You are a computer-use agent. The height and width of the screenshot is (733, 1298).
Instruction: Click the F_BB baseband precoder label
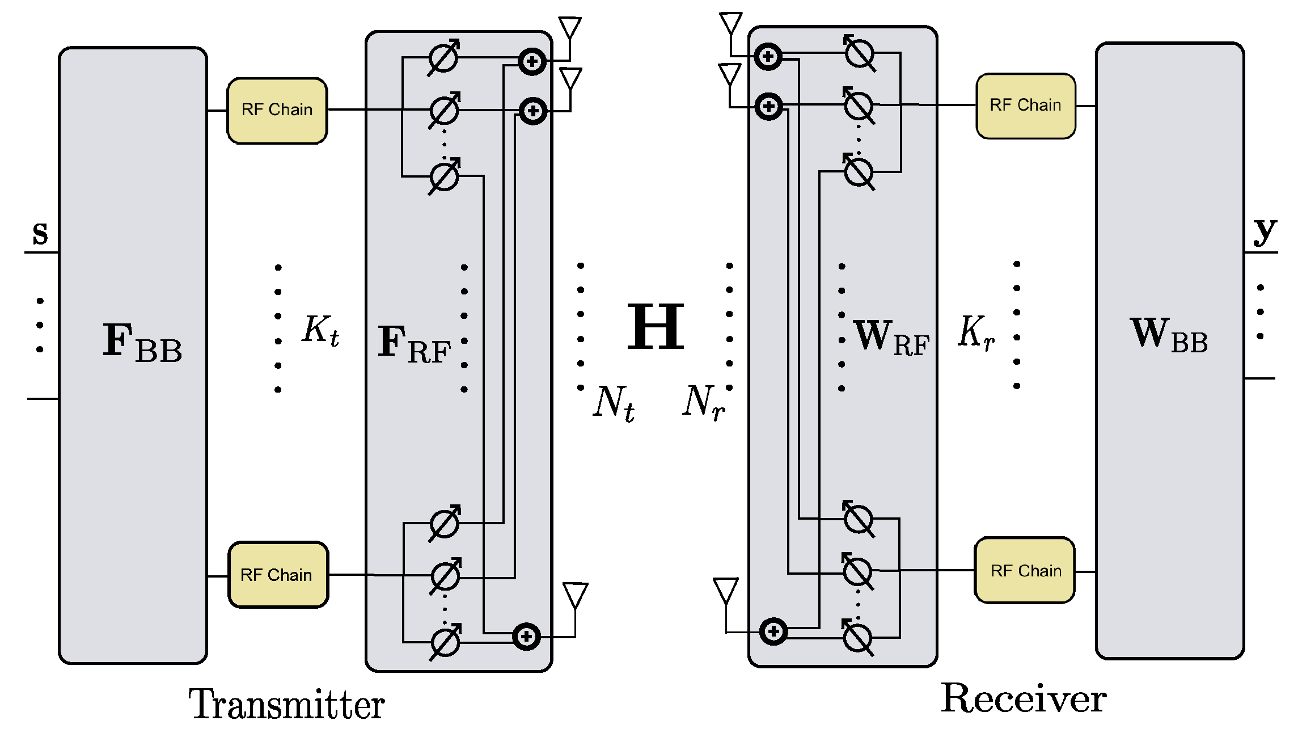pos(142,342)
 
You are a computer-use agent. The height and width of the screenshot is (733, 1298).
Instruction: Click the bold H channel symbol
pos(656,327)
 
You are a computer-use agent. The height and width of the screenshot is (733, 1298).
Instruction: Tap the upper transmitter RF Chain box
pos(277,110)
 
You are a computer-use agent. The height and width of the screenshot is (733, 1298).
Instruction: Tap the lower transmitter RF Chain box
pos(277,575)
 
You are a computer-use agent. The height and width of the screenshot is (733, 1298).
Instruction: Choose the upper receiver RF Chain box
pos(1025,106)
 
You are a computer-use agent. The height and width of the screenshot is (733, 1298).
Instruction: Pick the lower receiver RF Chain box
pos(1025,570)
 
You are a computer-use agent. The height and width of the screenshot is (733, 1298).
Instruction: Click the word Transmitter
pos(286,705)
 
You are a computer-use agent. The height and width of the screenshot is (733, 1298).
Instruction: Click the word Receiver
pos(1024,699)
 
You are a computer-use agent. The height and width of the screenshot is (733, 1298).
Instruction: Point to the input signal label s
pos(40,234)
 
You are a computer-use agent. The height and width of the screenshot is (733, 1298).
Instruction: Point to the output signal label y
pos(1265,231)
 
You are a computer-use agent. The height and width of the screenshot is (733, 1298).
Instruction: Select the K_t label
pos(320,331)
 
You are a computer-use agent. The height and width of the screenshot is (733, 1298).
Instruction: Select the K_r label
pos(976,333)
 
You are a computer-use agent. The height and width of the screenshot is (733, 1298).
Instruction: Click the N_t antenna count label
pos(614,403)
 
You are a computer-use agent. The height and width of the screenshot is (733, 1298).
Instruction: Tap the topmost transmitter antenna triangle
pos(570,27)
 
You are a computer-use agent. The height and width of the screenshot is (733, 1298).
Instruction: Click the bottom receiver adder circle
pos(773,631)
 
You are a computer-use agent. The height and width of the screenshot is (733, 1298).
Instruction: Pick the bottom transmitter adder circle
pos(526,637)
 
